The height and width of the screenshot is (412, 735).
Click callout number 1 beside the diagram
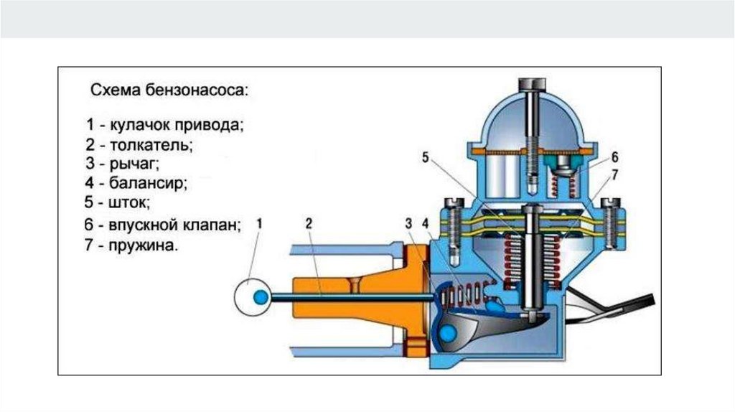coord(260,223)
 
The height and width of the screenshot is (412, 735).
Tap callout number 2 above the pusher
coord(308,223)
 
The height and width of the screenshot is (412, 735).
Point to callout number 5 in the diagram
coord(425,158)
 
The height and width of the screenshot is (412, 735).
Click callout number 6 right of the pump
coord(615,156)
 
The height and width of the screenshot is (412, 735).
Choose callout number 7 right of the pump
coord(615,174)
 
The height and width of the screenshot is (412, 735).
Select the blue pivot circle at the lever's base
coord(448,332)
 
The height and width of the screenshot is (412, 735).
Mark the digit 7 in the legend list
coord(88,245)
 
